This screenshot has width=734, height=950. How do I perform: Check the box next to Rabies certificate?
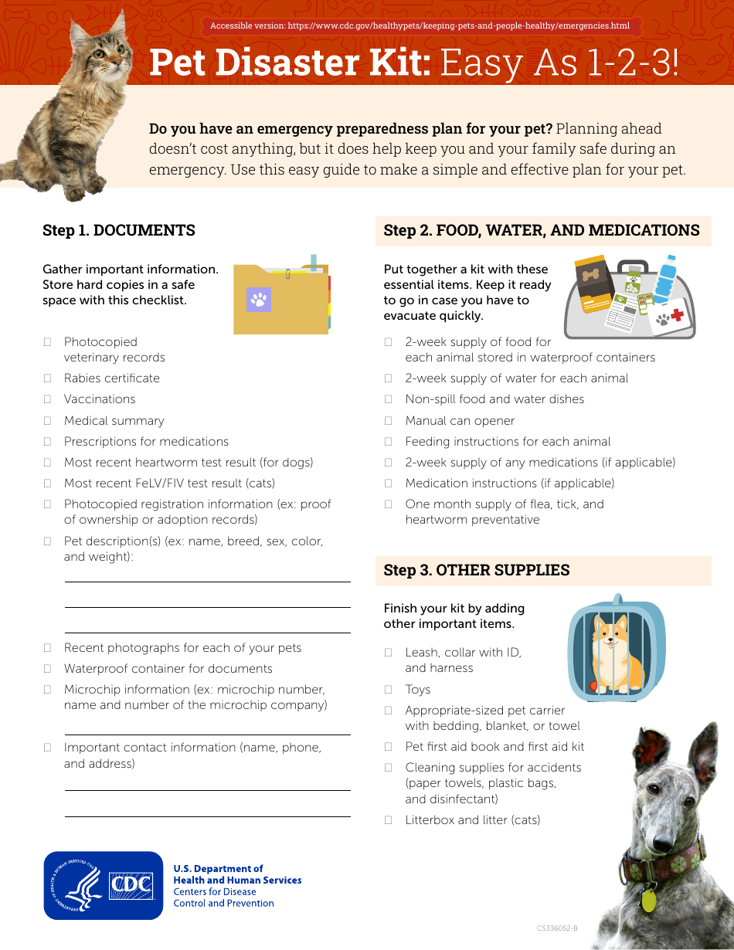click(x=47, y=378)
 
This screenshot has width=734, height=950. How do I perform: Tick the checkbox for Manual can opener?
click(x=389, y=421)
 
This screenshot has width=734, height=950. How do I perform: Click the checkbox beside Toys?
click(x=389, y=690)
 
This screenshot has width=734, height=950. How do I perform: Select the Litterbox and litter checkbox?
click(x=389, y=820)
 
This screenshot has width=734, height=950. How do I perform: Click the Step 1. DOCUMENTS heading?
click(x=119, y=230)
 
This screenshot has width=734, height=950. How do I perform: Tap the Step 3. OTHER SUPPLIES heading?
click(x=477, y=570)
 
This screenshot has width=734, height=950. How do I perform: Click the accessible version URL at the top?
click(x=420, y=25)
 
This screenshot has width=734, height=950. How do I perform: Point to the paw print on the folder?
click(x=259, y=299)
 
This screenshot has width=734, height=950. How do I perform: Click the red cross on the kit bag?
click(x=677, y=315)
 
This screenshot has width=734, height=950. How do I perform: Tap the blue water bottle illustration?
click(x=665, y=282)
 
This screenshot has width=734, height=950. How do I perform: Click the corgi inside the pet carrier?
click(x=611, y=649)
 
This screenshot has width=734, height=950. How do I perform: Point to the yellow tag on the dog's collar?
click(x=648, y=901)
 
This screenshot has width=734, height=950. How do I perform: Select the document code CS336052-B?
click(x=557, y=928)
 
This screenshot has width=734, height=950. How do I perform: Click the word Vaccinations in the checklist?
click(x=100, y=399)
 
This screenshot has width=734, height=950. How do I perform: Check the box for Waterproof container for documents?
click(x=47, y=669)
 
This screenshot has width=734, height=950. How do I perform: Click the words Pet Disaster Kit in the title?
click(x=290, y=63)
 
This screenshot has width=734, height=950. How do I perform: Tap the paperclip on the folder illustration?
click(x=287, y=273)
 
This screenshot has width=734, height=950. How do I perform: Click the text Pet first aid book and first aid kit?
click(x=494, y=747)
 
